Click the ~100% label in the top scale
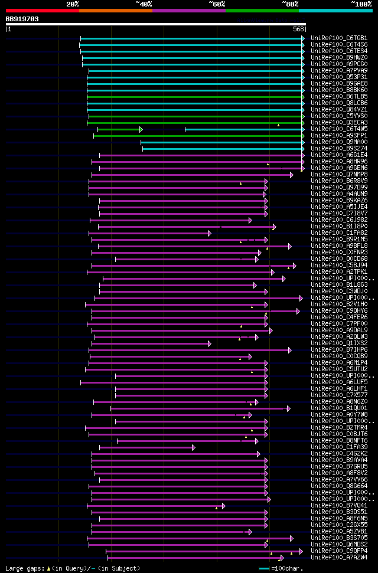coord(361,4)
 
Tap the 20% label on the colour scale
coord(73,4)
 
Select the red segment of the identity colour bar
coord(42,10)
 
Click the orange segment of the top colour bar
coord(115,10)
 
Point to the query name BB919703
coord(22,19)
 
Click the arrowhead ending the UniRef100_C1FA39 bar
coord(193,447)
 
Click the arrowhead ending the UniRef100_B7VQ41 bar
coord(223,506)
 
